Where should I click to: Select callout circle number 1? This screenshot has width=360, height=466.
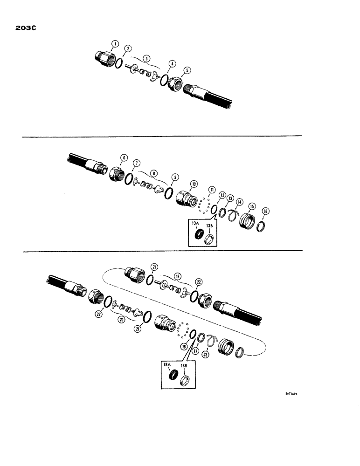pyautogui.click(x=114, y=45)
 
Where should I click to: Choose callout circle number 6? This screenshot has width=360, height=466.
pyautogui.click(x=124, y=158)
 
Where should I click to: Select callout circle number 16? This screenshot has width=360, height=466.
pyautogui.click(x=265, y=211)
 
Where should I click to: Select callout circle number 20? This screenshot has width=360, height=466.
pyautogui.click(x=123, y=320)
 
